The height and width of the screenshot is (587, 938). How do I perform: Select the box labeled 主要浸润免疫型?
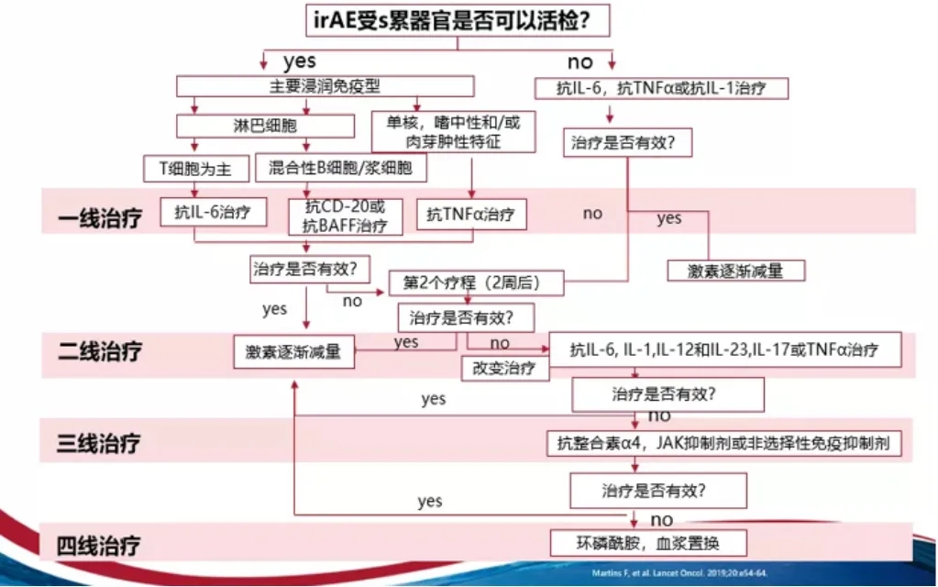pyautogui.click(x=326, y=86)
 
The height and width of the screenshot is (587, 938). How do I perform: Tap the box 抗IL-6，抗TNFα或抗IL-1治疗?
pyautogui.click(x=660, y=88)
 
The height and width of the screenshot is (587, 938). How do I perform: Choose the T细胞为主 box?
pyautogui.click(x=195, y=168)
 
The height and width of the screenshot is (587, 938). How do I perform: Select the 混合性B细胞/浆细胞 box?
pyautogui.click(x=341, y=168)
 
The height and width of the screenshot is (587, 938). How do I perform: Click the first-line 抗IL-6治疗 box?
pyautogui.click(x=213, y=212)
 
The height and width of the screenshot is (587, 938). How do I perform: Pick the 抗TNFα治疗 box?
pyautogui.click(x=471, y=215)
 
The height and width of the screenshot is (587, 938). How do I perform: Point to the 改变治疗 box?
pyautogui.click(x=504, y=369)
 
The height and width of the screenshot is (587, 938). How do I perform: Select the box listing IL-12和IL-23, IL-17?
pyautogui.click(x=723, y=350)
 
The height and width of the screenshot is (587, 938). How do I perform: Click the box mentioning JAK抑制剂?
pyautogui.click(x=723, y=444)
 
